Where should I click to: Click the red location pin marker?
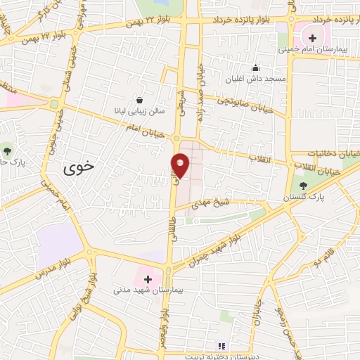point(181,165)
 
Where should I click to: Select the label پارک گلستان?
point(308,198)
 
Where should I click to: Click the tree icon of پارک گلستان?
point(303,186)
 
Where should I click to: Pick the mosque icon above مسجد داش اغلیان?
point(256,68)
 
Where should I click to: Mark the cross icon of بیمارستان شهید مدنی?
point(147,279)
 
